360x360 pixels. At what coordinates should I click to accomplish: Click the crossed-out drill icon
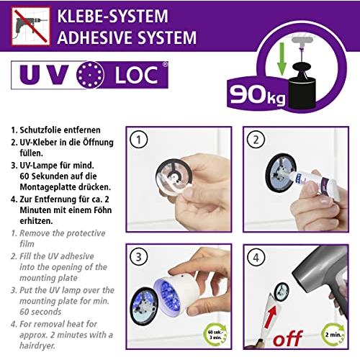pos(31,27)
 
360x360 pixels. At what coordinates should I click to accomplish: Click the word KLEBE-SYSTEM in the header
pos(113,16)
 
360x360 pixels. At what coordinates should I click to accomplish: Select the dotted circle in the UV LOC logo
pos(90,75)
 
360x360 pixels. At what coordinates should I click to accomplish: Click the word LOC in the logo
pos(137,76)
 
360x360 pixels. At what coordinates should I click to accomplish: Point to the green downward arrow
pos(282,59)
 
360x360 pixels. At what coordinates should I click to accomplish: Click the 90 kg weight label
pos(258,96)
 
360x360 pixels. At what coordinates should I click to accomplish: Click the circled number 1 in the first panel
pos(139,140)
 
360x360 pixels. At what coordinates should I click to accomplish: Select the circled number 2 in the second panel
pos(256,140)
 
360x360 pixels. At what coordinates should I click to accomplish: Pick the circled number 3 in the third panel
pos(139,257)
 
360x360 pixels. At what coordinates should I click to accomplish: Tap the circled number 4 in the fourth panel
pos(256,257)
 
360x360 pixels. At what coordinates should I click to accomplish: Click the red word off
pos(288,338)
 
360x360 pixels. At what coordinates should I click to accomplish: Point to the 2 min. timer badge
pos(333,334)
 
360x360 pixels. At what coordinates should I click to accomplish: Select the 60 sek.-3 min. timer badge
pos(215,334)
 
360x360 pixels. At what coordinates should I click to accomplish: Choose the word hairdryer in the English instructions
pos(37,346)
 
